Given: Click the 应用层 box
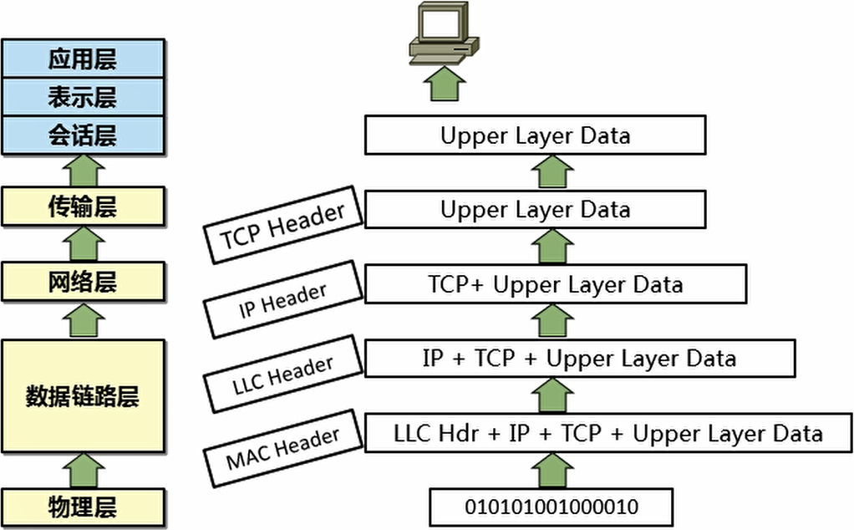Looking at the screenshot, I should pos(82,59).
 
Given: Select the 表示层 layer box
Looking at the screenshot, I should pos(82,98).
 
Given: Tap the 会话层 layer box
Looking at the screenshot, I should pos(82,135).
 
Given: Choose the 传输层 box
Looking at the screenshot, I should pos(82,207).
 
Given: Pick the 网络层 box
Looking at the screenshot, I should pos(82,282).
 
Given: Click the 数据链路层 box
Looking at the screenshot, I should pos(82,395).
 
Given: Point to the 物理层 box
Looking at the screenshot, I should pos(82,507).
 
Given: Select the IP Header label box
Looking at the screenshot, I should pos(283,300).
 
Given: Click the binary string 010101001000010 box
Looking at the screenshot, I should pos(552,507).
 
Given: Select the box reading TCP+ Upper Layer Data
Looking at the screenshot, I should pos(556,284).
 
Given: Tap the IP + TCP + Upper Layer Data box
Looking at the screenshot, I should pos(579,359).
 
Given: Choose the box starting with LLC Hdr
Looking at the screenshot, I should pos(608,434).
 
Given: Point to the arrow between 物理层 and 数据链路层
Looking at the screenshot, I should pos(82,470).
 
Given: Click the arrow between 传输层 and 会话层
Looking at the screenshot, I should pos(82,171).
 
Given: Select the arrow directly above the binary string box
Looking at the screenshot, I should pos(552,471).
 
